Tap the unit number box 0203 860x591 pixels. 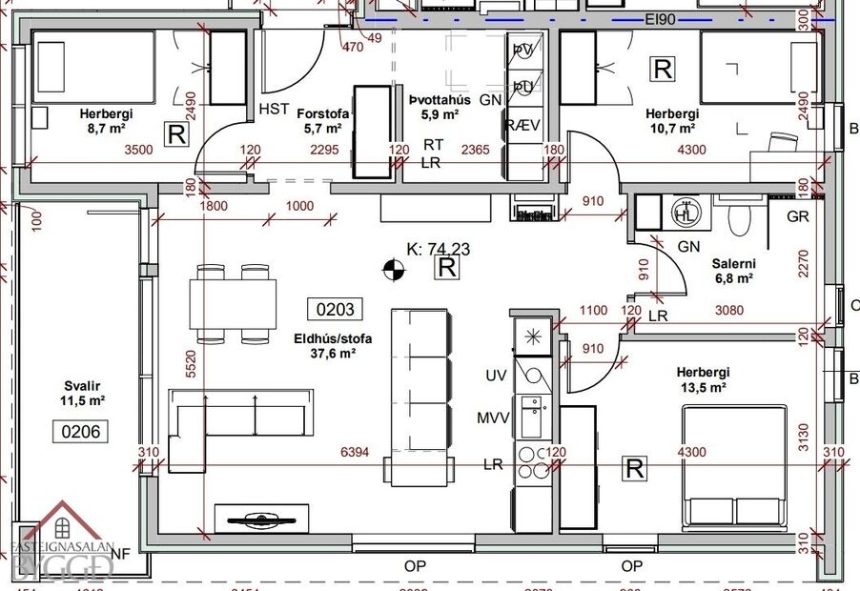333,309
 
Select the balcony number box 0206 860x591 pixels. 79,431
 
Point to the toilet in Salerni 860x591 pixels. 738,218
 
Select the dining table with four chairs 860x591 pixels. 235,304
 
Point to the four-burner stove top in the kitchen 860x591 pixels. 530,461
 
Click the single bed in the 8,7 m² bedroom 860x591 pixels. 92,68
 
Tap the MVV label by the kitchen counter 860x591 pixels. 494,418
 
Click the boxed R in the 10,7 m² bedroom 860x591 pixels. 661,69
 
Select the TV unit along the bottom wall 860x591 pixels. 260,518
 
